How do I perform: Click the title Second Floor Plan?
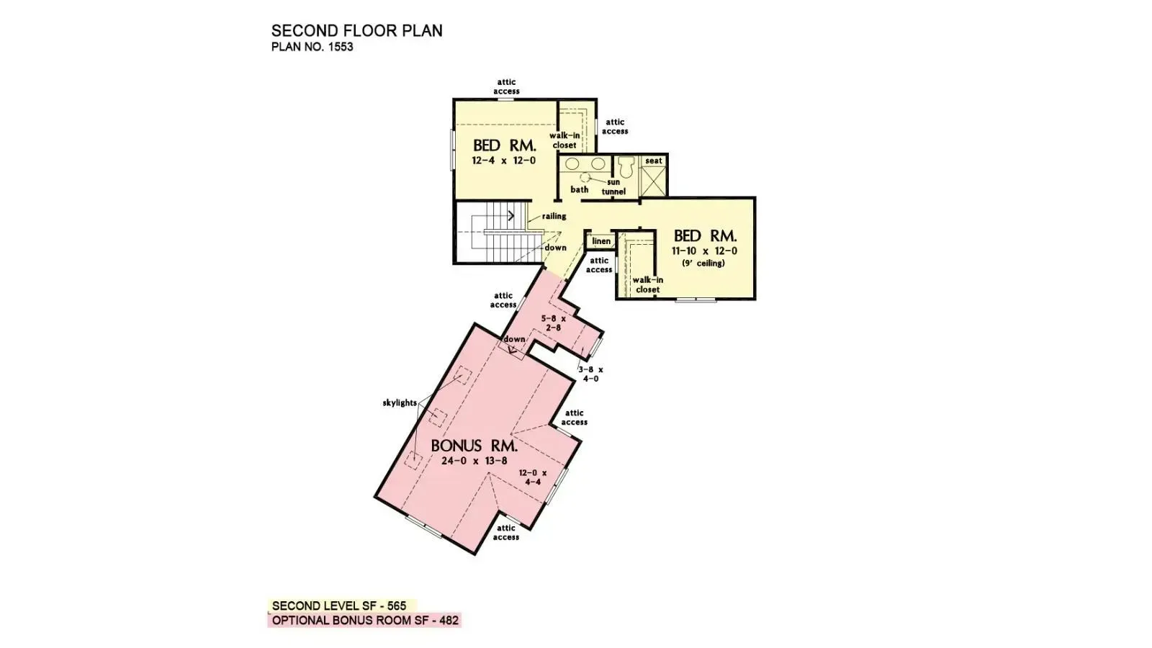click(356, 31)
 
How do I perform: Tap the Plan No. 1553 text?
click(312, 48)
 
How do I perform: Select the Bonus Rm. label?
click(474, 446)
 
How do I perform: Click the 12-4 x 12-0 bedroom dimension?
click(503, 161)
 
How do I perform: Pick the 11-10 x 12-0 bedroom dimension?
click(704, 251)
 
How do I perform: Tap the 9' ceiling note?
click(703, 264)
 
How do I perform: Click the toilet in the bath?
click(625, 167)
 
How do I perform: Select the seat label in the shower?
click(654, 161)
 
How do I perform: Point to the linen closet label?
click(601, 241)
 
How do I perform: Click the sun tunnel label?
click(613, 187)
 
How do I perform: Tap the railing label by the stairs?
click(554, 216)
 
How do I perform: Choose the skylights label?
click(400, 403)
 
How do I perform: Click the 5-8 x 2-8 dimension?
click(554, 323)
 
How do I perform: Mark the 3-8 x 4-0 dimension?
click(590, 374)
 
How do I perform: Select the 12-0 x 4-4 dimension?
click(533, 477)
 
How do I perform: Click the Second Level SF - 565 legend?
click(339, 606)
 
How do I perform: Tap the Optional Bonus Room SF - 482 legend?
click(365, 621)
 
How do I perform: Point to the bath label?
click(580, 189)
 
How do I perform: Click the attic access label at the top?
click(506, 87)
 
